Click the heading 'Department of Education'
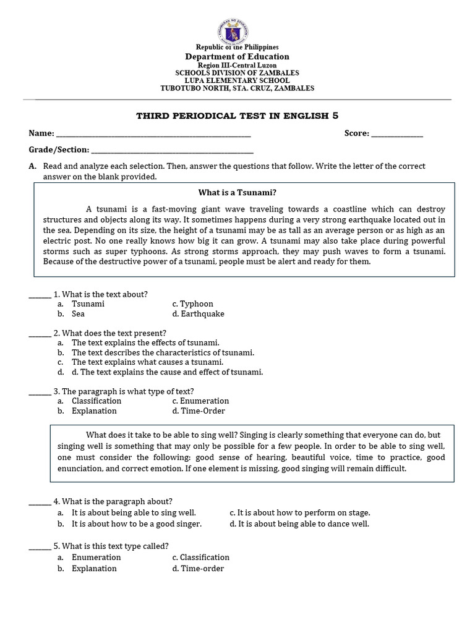pos(237,56)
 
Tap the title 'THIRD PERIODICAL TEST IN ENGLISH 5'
pos(237,116)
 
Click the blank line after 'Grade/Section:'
pos(172,150)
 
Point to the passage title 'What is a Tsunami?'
pos(237,192)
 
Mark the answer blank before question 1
pos(40,295)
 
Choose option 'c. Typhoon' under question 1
pos(192,304)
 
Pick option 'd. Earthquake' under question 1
pos(198,314)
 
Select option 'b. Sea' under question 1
pos(78,314)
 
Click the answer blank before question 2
pos(40,333)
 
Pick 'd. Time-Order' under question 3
pos(199,411)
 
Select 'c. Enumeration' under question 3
pos(200,401)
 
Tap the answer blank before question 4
pos(40,501)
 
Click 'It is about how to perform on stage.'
pos(300,513)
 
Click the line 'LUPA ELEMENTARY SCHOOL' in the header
pos(237,80)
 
